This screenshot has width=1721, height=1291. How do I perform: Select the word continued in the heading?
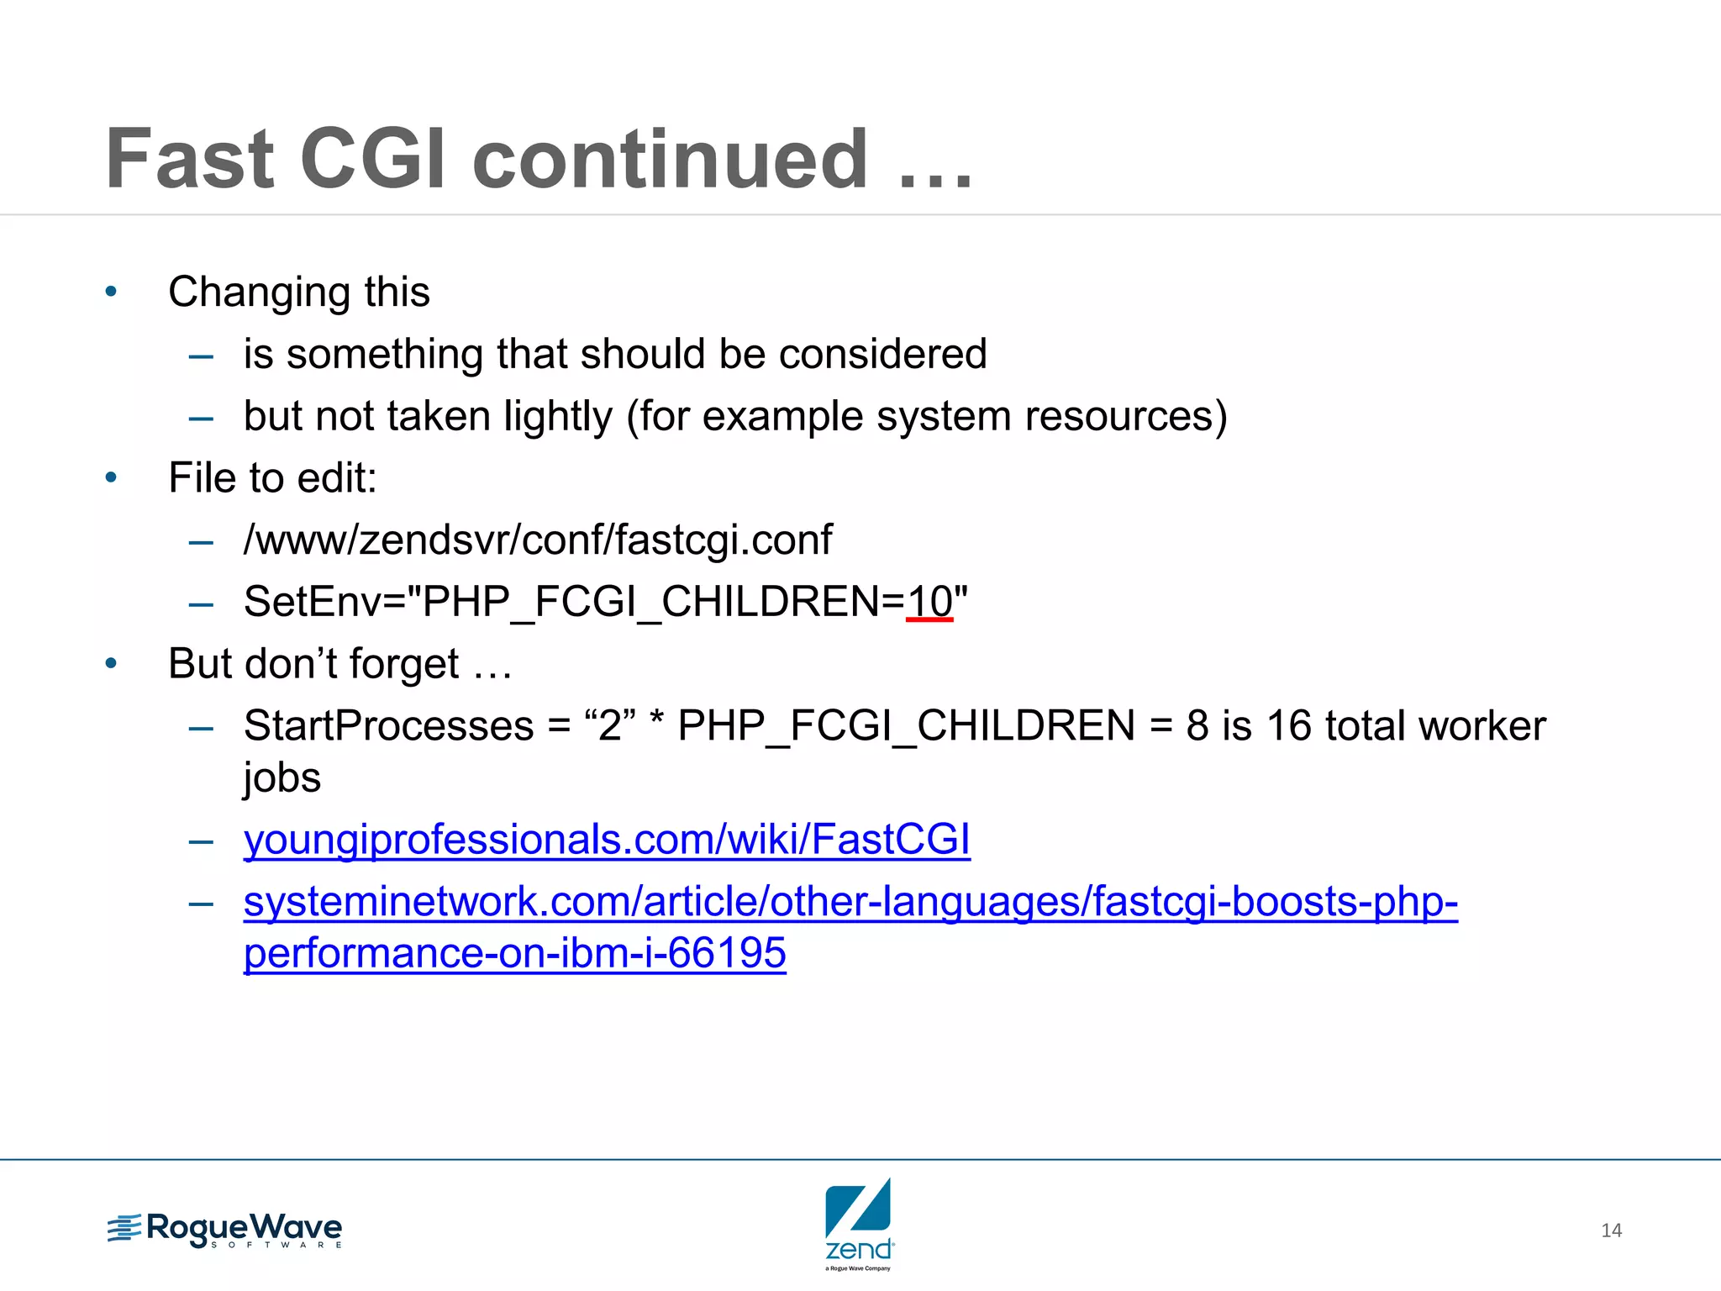[x=670, y=160]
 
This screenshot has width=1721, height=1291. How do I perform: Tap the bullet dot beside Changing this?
[x=111, y=292]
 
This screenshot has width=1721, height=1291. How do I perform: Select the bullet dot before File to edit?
[x=111, y=478]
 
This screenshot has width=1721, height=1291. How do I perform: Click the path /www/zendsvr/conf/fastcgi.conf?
[x=538, y=540]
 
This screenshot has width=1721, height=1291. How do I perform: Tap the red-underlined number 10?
[x=929, y=602]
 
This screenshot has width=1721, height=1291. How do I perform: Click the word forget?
[x=403, y=664]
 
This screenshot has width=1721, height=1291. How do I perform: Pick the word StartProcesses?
[x=388, y=725]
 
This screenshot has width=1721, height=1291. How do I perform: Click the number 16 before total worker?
[x=1288, y=725]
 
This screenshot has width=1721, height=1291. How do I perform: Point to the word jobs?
[x=282, y=777]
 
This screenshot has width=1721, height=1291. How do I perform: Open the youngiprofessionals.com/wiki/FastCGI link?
[x=607, y=840]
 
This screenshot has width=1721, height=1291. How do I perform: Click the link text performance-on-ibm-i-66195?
[x=514, y=953]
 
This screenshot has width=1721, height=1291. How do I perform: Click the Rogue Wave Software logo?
[x=225, y=1230]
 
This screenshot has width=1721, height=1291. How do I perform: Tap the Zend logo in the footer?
[x=859, y=1223]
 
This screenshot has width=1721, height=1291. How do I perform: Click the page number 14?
[x=1611, y=1230]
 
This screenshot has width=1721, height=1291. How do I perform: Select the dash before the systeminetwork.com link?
[x=201, y=904]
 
